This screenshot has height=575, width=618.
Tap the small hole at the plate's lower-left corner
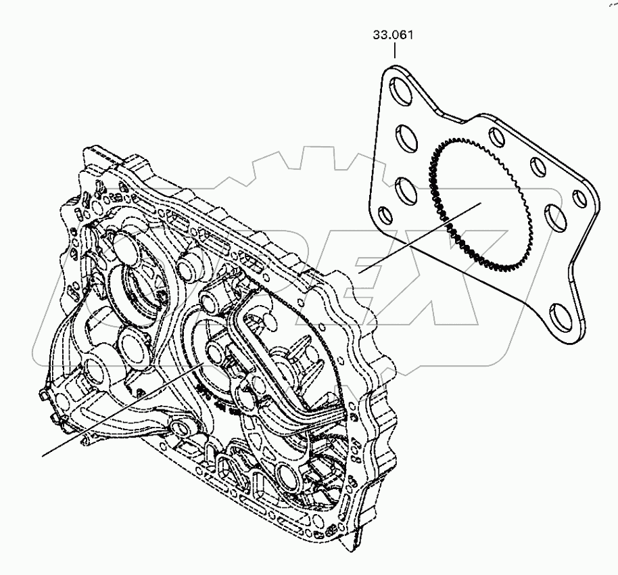click(x=384, y=216)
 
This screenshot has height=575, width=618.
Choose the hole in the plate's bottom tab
click(x=564, y=315)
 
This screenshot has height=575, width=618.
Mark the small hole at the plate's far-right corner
click(x=579, y=198)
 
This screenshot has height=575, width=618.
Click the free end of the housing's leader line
click(x=43, y=455)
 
